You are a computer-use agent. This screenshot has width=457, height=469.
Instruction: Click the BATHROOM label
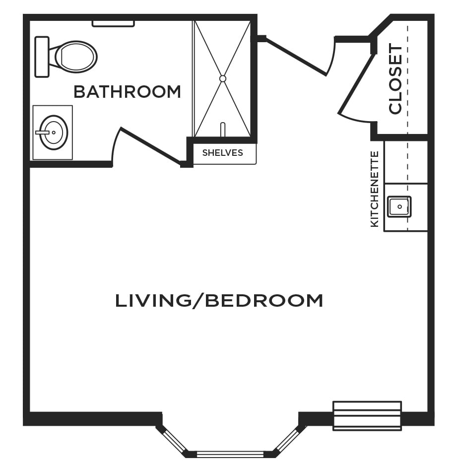click(x=127, y=91)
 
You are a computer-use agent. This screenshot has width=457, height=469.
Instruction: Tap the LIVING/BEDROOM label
click(x=219, y=300)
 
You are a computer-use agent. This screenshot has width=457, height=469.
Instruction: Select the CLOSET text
click(x=395, y=79)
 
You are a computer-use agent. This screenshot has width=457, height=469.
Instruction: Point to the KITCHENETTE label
click(x=375, y=189)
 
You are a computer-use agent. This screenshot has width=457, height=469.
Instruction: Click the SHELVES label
click(x=222, y=153)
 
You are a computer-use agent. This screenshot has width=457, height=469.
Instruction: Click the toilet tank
click(x=42, y=57)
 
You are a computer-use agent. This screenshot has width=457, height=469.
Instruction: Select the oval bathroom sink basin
click(x=54, y=133)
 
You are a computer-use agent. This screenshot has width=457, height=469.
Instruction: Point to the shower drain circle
click(x=222, y=79)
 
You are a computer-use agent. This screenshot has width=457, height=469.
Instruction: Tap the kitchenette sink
click(x=399, y=206)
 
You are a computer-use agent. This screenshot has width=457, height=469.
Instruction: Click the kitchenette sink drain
click(x=399, y=206)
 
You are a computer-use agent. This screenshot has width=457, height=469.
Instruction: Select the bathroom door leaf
click(x=151, y=146)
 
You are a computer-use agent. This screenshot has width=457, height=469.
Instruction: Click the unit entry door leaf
click(x=296, y=57)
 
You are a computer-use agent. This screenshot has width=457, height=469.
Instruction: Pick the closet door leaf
click(x=357, y=84)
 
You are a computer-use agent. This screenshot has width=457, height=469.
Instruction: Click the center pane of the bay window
click(x=230, y=454)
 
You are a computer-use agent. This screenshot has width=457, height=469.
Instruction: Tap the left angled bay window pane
click(x=176, y=440)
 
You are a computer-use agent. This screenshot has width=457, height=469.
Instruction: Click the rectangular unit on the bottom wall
click(x=367, y=416)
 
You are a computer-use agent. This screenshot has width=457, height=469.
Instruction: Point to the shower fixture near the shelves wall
click(x=222, y=130)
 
